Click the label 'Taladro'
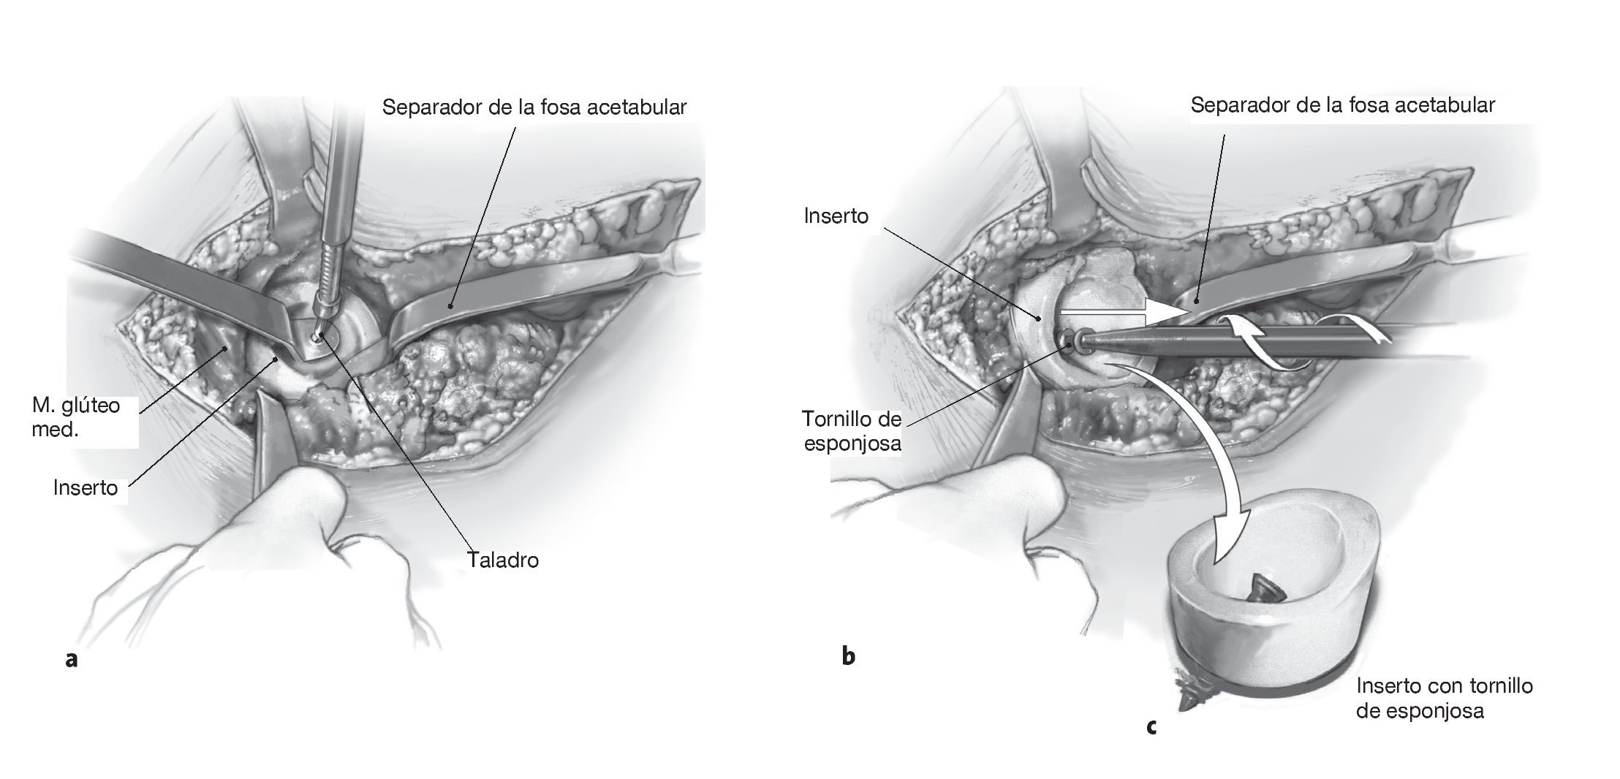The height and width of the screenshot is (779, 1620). [502, 560]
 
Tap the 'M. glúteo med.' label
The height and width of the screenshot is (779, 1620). [75, 417]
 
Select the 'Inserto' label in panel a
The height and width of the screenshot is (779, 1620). [86, 487]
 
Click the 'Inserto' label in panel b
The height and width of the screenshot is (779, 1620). [836, 216]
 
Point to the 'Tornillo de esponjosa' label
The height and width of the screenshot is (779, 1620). [851, 431]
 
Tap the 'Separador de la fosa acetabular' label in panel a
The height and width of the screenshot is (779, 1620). [534, 107]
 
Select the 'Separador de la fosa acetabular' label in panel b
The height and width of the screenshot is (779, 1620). [1342, 105]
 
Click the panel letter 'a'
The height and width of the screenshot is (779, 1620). [71, 659]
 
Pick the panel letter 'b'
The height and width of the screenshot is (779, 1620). [848, 655]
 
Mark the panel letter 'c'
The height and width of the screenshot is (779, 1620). [1151, 726]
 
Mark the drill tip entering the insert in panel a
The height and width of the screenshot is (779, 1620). [319, 335]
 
